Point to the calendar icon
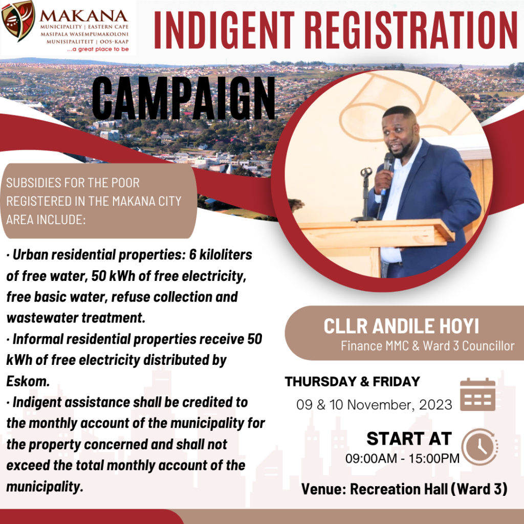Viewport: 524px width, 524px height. (477, 395)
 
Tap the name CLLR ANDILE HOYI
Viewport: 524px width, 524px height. (401, 327)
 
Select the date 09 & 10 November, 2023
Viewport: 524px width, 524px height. (375, 405)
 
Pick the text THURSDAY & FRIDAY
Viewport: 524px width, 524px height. (352, 382)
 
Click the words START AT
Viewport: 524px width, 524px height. (409, 439)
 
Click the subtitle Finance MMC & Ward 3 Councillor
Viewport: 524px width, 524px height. (427, 346)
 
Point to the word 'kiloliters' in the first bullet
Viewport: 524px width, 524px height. (225, 255)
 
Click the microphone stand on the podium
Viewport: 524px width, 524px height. (365, 194)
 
